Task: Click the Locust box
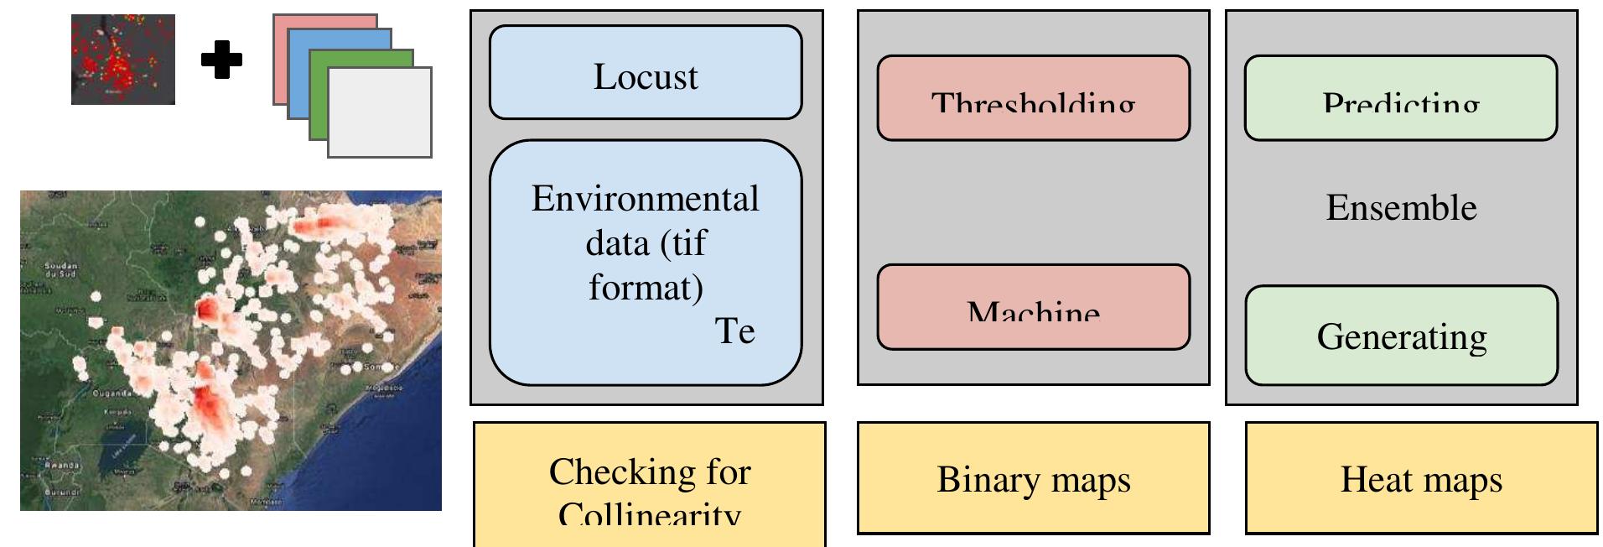(646, 73)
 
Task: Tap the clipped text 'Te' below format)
(734, 331)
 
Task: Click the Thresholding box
(1033, 98)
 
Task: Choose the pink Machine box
(1033, 307)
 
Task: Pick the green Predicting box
(1400, 98)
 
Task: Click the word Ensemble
(1401, 207)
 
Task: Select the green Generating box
(1401, 336)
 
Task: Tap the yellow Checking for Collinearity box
(650, 484)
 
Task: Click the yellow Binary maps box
(1033, 478)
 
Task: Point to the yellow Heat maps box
(1421, 478)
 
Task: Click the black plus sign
(222, 60)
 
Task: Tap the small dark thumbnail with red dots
(123, 60)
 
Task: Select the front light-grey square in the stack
(379, 112)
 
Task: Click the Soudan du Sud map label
(60, 269)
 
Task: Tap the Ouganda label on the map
(110, 393)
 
